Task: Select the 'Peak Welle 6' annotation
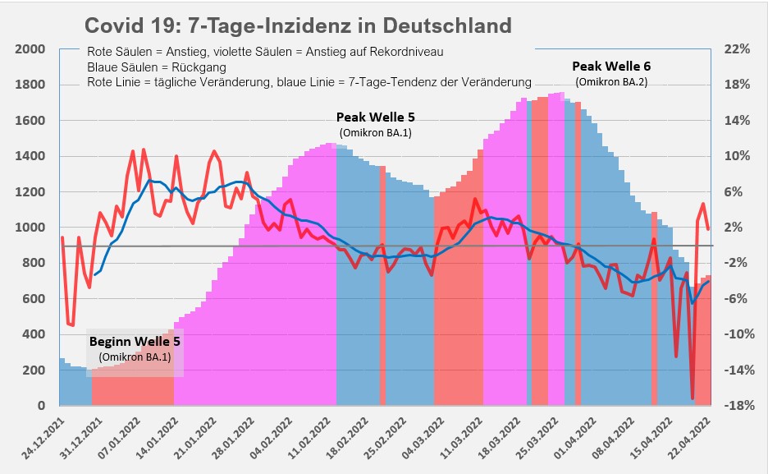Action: coord(611,66)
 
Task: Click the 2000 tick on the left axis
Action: coord(30,49)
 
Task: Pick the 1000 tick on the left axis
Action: coord(30,228)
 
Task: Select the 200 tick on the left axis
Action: coord(34,370)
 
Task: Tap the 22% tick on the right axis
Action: coord(738,49)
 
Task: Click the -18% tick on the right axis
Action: coord(736,406)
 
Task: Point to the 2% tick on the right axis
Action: coord(738,228)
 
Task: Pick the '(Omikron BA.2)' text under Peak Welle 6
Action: coord(611,81)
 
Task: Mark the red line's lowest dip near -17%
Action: coord(693,398)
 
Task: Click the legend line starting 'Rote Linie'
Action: coord(309,82)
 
